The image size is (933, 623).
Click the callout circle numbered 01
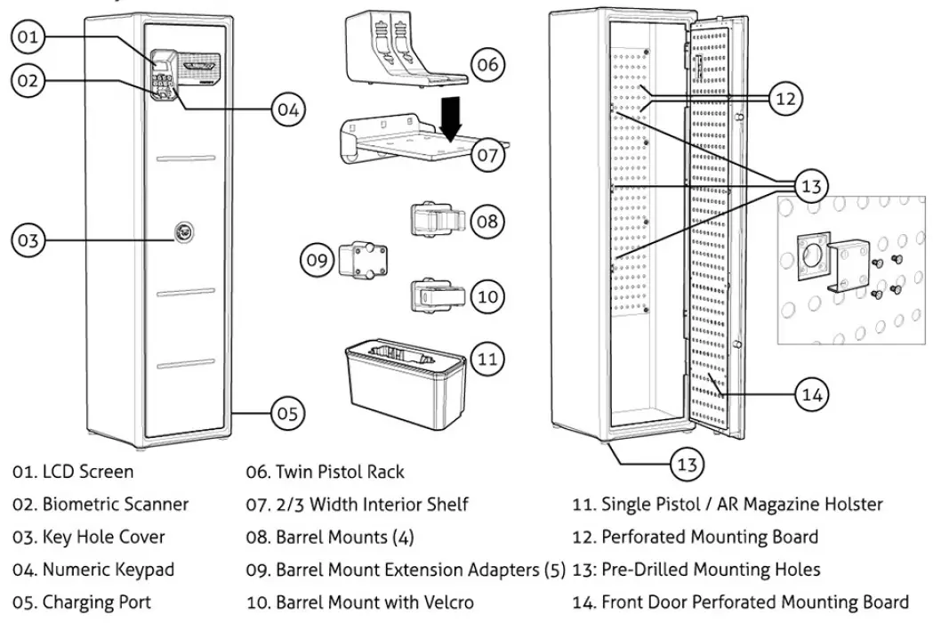[28, 36]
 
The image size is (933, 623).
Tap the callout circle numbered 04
[286, 110]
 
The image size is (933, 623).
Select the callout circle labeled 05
[286, 413]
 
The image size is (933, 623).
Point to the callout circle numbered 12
[785, 99]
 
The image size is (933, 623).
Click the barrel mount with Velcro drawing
[435, 295]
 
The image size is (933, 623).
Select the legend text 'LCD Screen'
[88, 472]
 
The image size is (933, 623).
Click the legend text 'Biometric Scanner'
[116, 505]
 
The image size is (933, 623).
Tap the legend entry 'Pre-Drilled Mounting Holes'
[711, 570]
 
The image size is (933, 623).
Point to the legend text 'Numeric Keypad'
[109, 570]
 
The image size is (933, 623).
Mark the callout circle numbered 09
[318, 260]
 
